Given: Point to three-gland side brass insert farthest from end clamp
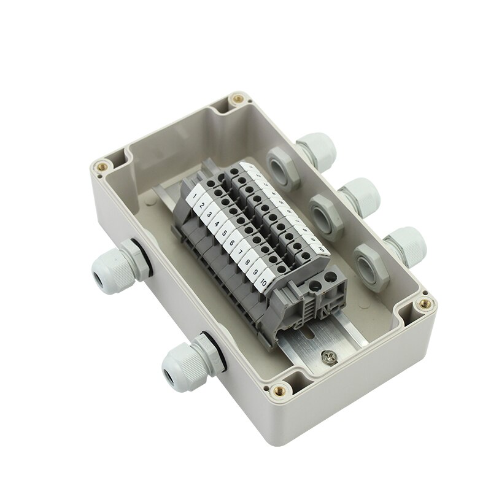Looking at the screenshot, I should pos(234,99).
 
